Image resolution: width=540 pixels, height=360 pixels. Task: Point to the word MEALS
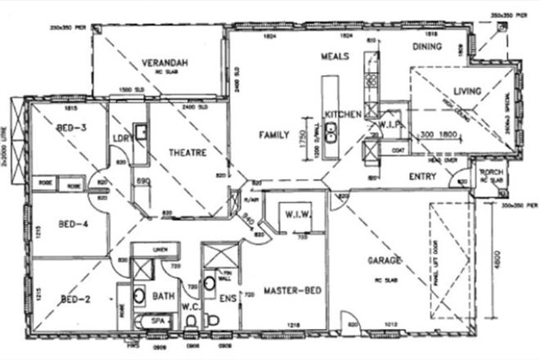pyautogui.click(x=335, y=56)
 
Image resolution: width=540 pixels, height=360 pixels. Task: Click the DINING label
pyautogui.click(x=427, y=47)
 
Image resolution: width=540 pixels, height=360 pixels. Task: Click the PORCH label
pyautogui.click(x=491, y=173)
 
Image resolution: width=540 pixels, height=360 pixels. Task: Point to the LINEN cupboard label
pyautogui.click(x=160, y=248)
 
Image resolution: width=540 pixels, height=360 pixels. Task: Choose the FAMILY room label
pyautogui.click(x=274, y=134)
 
